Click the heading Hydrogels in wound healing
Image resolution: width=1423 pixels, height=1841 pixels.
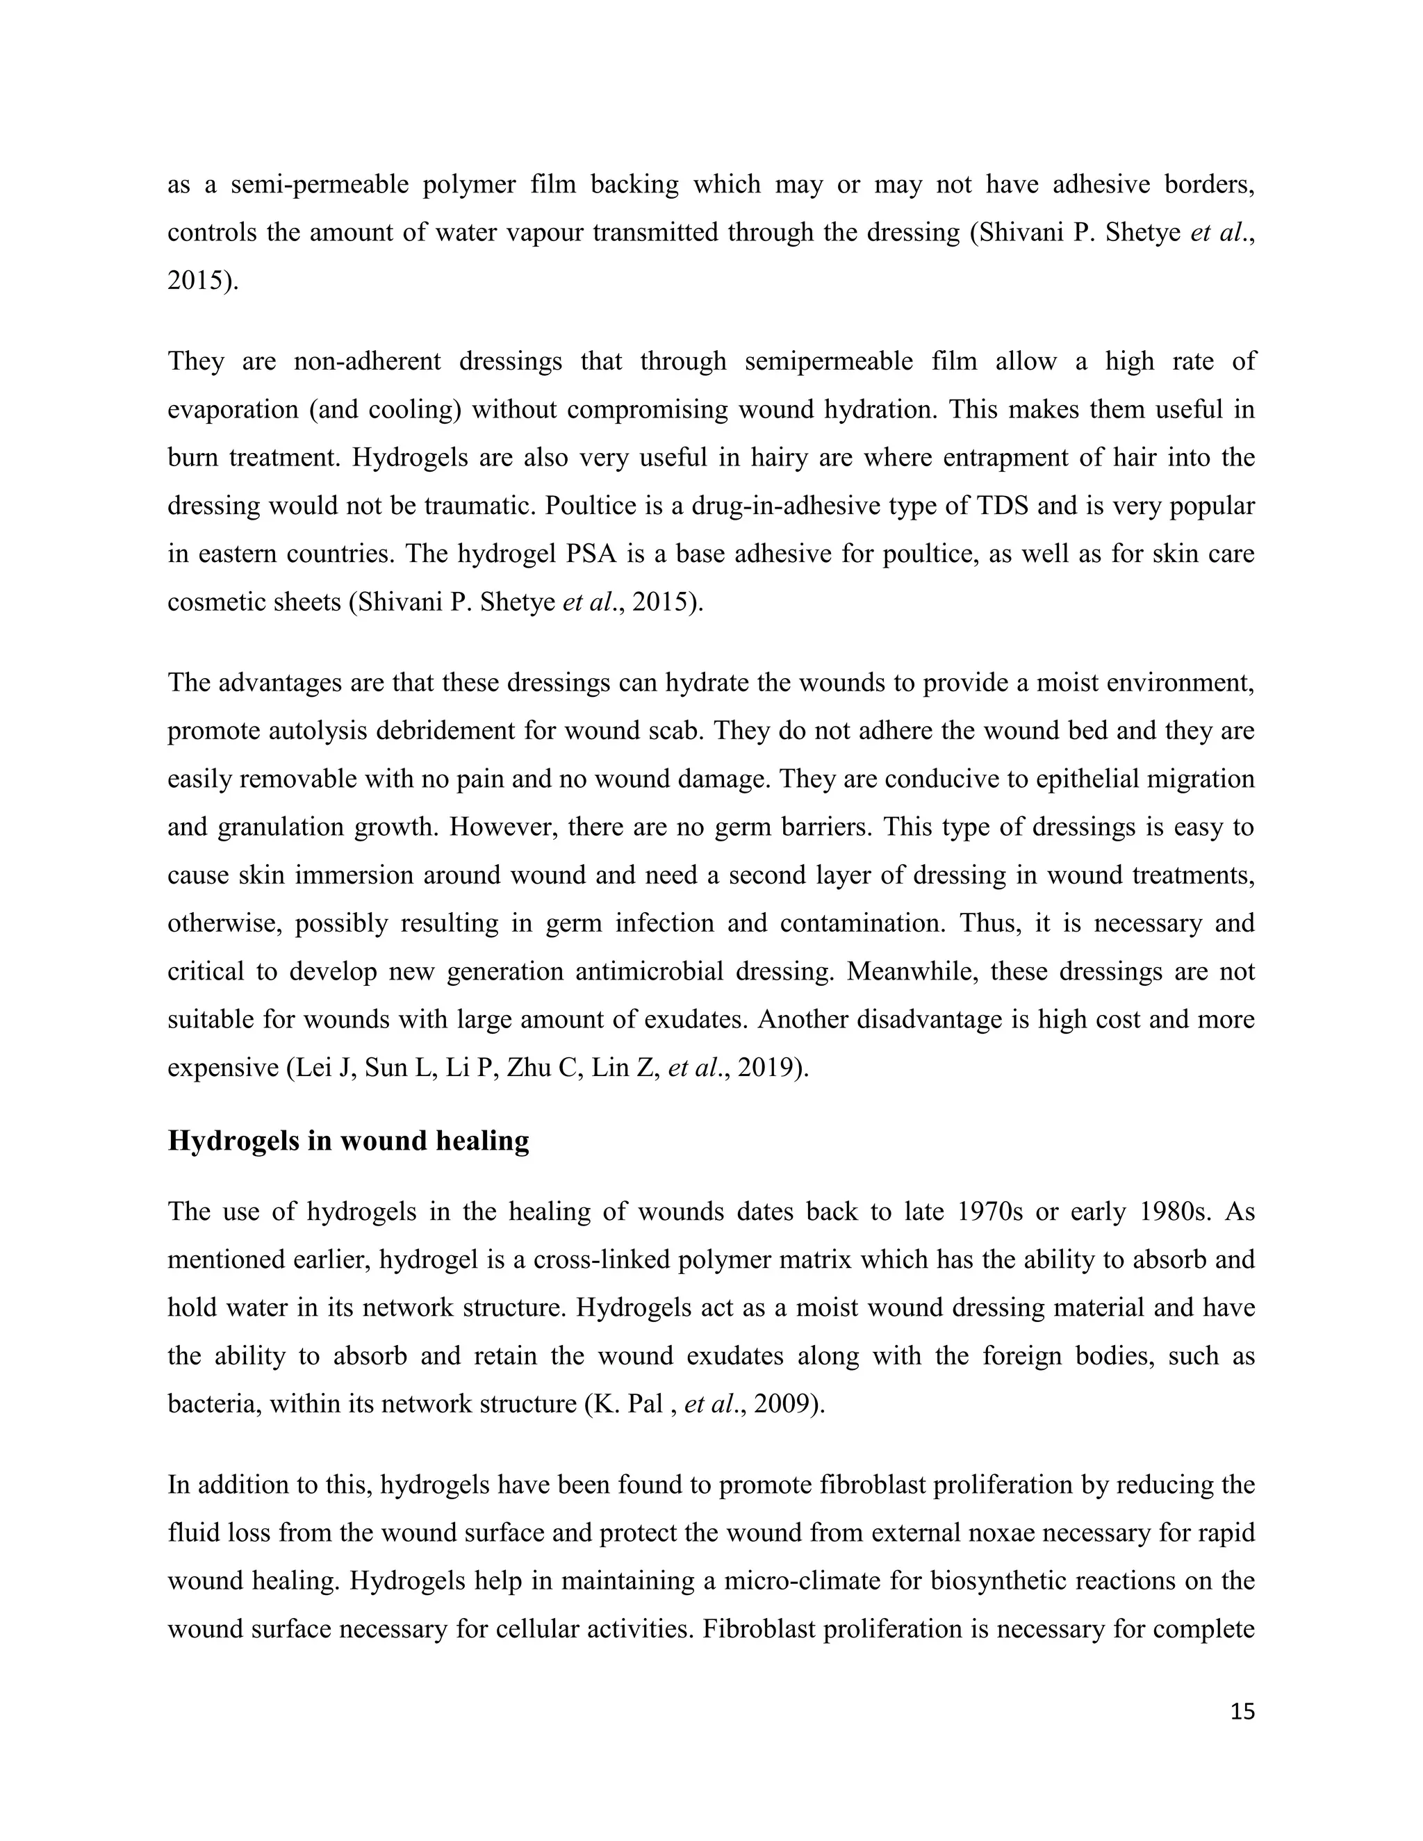348,1141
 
